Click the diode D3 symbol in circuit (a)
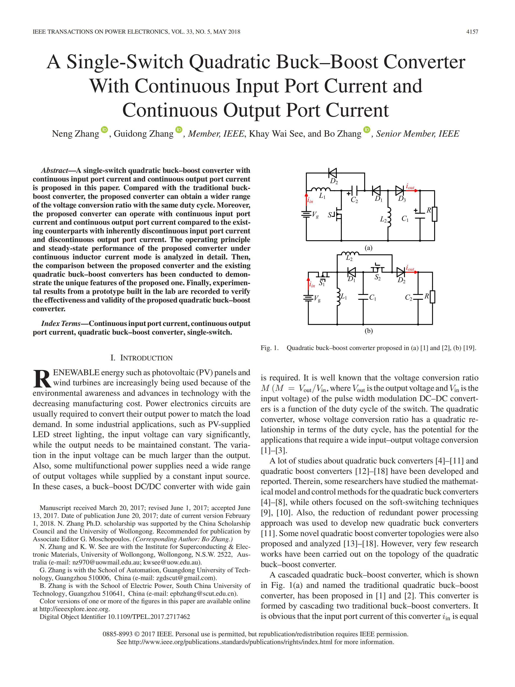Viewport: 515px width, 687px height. click(399, 190)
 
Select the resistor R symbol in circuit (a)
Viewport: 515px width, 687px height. click(434, 214)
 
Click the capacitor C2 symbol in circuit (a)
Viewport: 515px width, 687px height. click(355, 190)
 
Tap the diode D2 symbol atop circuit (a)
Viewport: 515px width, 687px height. click(332, 173)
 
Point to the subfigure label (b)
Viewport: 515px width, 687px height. click(368, 331)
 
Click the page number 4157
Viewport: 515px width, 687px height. click(472, 32)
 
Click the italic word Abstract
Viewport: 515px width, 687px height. click(54, 170)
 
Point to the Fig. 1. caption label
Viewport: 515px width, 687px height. click(269, 348)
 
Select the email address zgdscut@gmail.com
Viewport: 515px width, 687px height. click(185, 578)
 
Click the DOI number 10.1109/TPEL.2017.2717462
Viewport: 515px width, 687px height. click(149, 617)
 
